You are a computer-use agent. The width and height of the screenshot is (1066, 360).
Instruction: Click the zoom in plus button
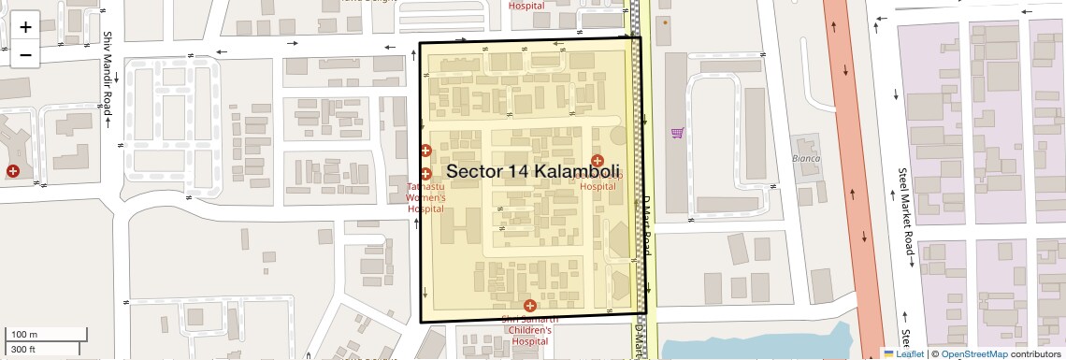click(25, 27)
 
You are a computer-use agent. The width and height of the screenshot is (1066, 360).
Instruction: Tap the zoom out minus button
click(25, 54)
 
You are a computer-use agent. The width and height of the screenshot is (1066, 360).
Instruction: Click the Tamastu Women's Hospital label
click(426, 198)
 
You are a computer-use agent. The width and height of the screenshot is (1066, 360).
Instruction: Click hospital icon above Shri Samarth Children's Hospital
click(530, 306)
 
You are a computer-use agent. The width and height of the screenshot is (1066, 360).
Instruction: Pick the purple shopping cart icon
click(677, 133)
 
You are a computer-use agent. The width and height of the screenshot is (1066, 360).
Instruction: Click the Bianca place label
click(806, 158)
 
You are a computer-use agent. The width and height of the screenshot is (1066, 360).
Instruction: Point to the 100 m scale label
click(25, 335)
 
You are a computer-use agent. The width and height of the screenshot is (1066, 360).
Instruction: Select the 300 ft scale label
click(23, 349)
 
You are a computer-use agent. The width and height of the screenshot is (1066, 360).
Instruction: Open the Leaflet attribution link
click(903, 353)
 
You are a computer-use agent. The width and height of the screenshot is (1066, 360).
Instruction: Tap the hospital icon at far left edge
click(13, 170)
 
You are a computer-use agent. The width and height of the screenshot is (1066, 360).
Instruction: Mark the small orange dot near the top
click(666, 22)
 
